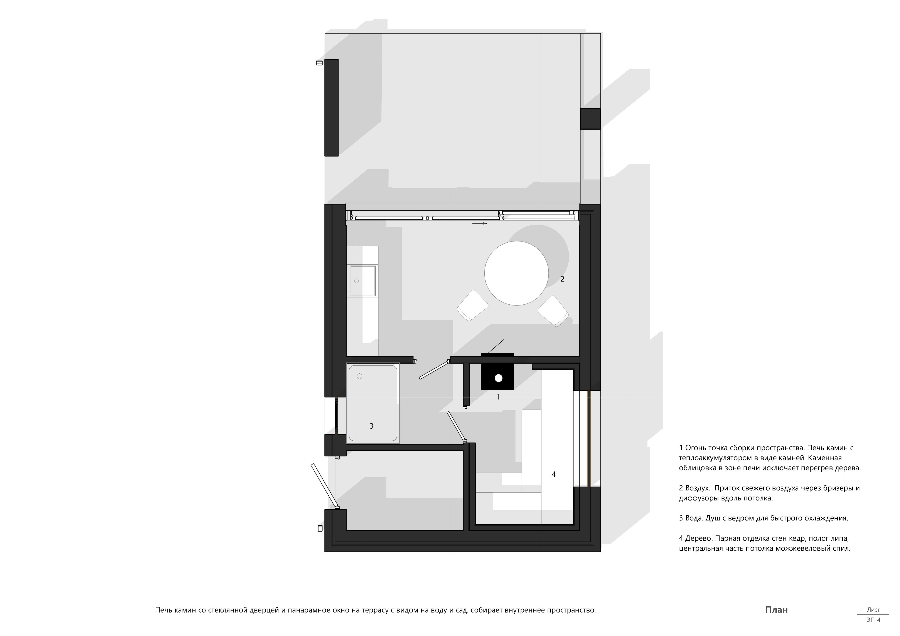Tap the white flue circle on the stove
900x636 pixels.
click(x=498, y=378)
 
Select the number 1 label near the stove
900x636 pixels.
click(x=498, y=397)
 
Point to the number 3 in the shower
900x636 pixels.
click(x=372, y=426)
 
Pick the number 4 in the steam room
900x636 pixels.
click(x=553, y=474)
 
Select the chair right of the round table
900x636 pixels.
click(x=553, y=311)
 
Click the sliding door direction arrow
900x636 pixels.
click(x=480, y=223)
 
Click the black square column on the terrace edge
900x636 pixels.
click(x=590, y=119)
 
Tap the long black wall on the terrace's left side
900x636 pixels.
click(x=331, y=108)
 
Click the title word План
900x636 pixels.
click(x=776, y=609)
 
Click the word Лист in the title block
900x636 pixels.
click(x=873, y=609)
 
